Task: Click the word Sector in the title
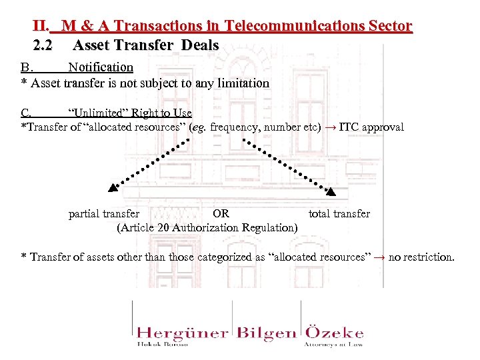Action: click(389, 27)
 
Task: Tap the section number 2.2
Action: click(42, 46)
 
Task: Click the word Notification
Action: click(101, 67)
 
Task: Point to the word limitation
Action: click(245, 83)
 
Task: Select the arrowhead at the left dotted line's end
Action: click(113, 189)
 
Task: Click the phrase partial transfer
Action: click(104, 214)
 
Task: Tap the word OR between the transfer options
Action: click(221, 214)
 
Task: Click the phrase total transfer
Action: click(339, 214)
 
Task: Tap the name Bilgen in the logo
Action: click(267, 333)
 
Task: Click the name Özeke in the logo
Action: click(334, 332)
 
